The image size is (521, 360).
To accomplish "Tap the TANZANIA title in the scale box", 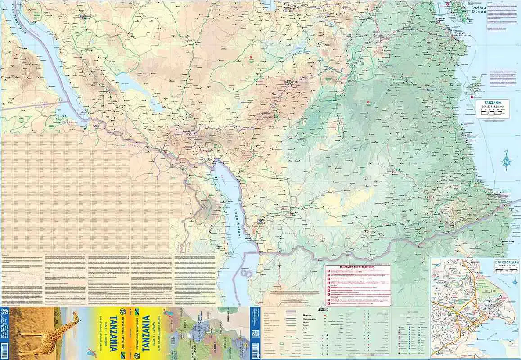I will (x=494, y=103).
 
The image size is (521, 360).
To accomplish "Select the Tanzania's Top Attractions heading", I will (x=358, y=267).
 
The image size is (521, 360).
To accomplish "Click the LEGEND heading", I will (x=323, y=310).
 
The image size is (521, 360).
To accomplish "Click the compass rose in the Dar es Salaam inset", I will (x=515, y=282).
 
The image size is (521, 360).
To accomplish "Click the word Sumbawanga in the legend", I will (x=312, y=318).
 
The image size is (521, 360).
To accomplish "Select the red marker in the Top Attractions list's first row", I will (x=329, y=271).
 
